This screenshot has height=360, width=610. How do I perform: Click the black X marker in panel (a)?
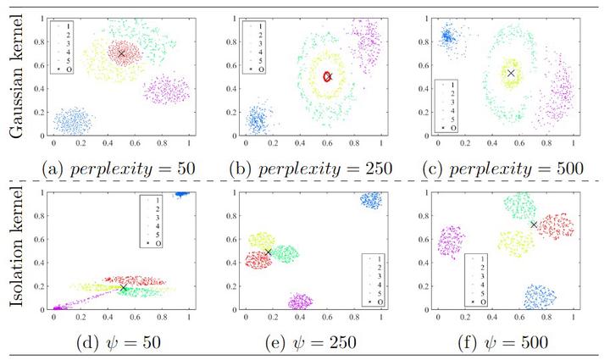click(x=121, y=53)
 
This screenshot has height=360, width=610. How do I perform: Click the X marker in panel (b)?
click(x=328, y=76)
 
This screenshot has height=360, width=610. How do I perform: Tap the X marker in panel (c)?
click(x=511, y=74)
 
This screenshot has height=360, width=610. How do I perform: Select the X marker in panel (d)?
click(x=124, y=288)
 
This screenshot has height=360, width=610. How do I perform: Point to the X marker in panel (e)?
click(x=268, y=252)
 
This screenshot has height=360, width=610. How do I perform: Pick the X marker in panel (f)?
click(x=534, y=224)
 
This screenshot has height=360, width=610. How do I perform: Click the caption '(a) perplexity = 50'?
click(x=119, y=168)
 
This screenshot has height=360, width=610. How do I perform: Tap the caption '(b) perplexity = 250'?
click(x=315, y=168)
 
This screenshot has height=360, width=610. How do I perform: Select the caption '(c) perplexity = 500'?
click(x=507, y=168)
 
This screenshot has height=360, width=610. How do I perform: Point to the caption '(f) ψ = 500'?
click(x=505, y=344)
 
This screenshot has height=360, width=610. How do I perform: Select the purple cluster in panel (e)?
click(x=301, y=301)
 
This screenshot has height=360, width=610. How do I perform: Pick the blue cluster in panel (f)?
click(x=540, y=296)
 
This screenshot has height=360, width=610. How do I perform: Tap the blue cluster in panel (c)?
click(x=446, y=36)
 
